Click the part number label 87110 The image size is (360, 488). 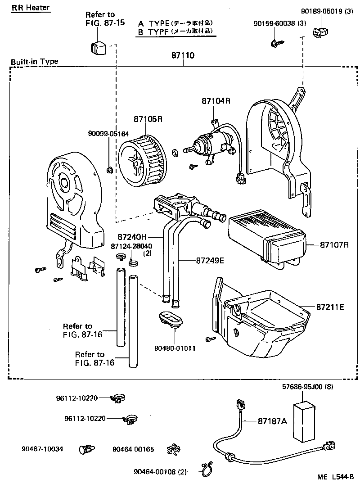pos(183,55)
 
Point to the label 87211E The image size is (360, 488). pos(330,307)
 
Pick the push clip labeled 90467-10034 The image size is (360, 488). pos(87,448)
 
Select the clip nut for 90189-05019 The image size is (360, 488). pos(319,32)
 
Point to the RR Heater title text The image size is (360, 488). pos(31,8)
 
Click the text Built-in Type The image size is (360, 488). pos(35,62)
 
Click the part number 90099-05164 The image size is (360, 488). pos(108,134)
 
